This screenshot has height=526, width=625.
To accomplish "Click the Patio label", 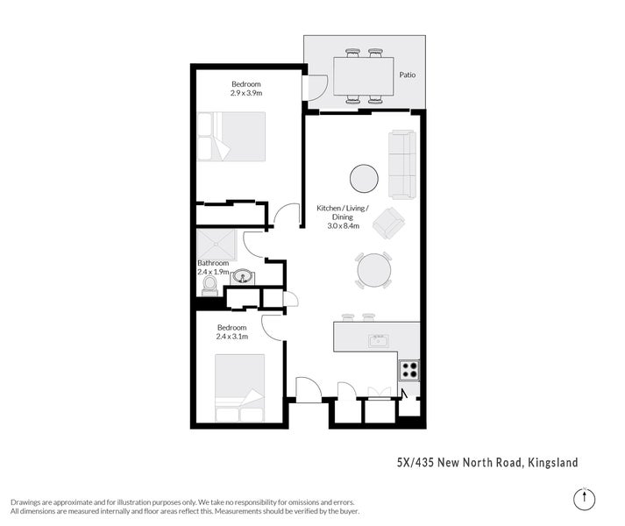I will [407, 75].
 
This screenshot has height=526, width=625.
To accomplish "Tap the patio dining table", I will [363, 75].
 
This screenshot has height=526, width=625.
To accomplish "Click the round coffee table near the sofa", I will [365, 179].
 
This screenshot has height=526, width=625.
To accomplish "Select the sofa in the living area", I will [402, 164].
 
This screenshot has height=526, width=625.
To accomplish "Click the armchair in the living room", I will [388, 224].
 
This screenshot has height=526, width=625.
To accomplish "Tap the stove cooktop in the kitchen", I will [409, 369].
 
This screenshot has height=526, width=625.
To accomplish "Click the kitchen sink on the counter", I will [379, 340].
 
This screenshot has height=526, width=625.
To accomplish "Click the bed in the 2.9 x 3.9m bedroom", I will [231, 136].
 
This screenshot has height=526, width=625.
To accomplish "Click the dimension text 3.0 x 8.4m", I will [343, 226].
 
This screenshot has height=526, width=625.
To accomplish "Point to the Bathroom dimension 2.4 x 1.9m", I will [213, 272].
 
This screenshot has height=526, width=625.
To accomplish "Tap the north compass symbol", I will [583, 498].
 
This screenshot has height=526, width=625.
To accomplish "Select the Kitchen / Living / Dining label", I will [343, 212].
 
